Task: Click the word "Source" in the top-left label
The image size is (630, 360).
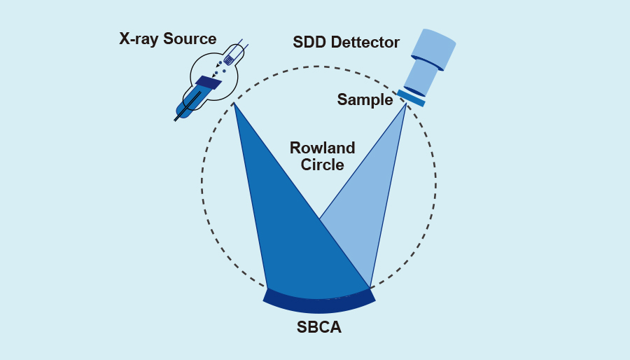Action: pos(190,38)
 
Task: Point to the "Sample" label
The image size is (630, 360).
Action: pos(365,99)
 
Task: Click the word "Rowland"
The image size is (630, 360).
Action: pos(323,148)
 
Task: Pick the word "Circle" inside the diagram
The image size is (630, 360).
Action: pos(323,165)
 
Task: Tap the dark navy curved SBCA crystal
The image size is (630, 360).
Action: pos(319,304)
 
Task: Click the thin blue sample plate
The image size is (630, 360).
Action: pos(411,98)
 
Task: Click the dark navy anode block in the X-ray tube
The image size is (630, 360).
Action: pos(208,83)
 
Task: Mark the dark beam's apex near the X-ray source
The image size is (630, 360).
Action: pos(234,104)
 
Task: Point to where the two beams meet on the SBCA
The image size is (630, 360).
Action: pos(369,287)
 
